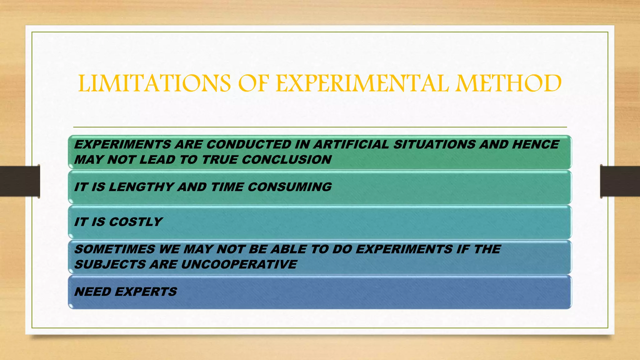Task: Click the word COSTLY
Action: pyautogui.click(x=136, y=222)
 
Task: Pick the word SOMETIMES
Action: pyautogui.click(x=115, y=249)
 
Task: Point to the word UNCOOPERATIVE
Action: pyautogui.click(x=239, y=265)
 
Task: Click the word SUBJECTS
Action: pyautogui.click(x=110, y=265)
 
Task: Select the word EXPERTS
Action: pyautogui.click(x=146, y=292)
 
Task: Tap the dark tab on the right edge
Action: pyautogui.click(x=620, y=181)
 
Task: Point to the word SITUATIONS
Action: pyautogui.click(x=434, y=144)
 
